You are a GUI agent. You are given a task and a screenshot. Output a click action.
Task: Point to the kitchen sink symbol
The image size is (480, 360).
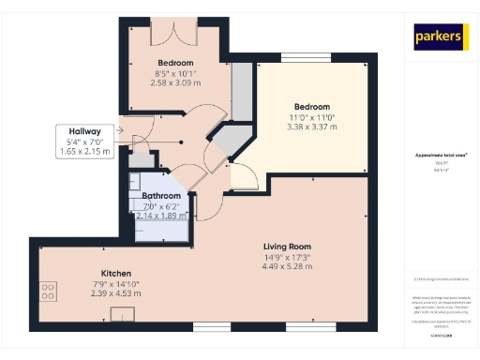point(121,314)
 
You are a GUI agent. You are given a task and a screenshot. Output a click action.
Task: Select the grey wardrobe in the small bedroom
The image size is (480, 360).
point(241,92)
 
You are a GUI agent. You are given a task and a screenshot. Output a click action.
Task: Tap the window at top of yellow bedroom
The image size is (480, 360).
point(311,59)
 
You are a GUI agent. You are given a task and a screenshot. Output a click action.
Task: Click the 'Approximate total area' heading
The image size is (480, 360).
point(440,154)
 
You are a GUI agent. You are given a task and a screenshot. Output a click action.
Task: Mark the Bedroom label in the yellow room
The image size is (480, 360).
point(312,106)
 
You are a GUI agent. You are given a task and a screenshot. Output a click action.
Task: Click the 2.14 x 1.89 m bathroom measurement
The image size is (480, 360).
point(161,215)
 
